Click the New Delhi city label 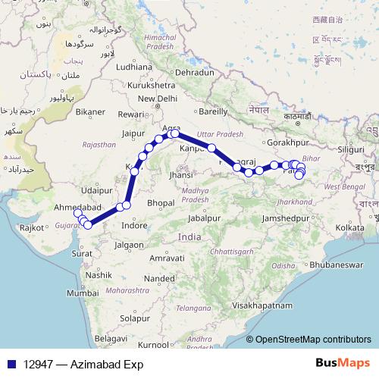tap(157, 99)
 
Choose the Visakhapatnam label tap(263, 305)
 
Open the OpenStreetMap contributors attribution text tap(313, 340)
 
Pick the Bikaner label tap(90, 112)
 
